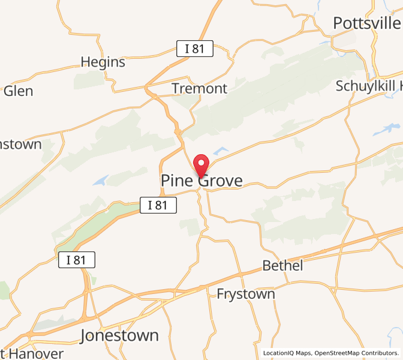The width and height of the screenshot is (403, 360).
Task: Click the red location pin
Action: point(201,164)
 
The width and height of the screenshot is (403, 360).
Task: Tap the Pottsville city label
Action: point(366,23)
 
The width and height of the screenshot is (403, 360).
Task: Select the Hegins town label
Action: point(103,62)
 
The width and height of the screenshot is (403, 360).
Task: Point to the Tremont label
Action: point(199,88)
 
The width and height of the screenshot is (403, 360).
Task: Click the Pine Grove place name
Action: point(201,181)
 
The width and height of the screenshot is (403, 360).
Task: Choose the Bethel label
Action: point(282,265)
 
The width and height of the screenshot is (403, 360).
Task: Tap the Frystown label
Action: point(245,294)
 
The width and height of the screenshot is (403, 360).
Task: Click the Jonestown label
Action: point(120,335)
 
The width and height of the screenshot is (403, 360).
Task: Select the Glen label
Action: point(18,91)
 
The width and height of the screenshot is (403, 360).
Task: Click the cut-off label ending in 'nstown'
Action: point(20,144)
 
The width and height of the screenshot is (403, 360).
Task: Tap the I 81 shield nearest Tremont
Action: point(195,49)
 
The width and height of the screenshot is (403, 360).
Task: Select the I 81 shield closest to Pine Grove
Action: point(158,205)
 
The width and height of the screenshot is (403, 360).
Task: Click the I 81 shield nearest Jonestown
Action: point(77,260)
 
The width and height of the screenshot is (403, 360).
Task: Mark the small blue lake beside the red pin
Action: point(220,151)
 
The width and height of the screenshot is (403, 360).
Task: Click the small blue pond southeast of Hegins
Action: point(101,179)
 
